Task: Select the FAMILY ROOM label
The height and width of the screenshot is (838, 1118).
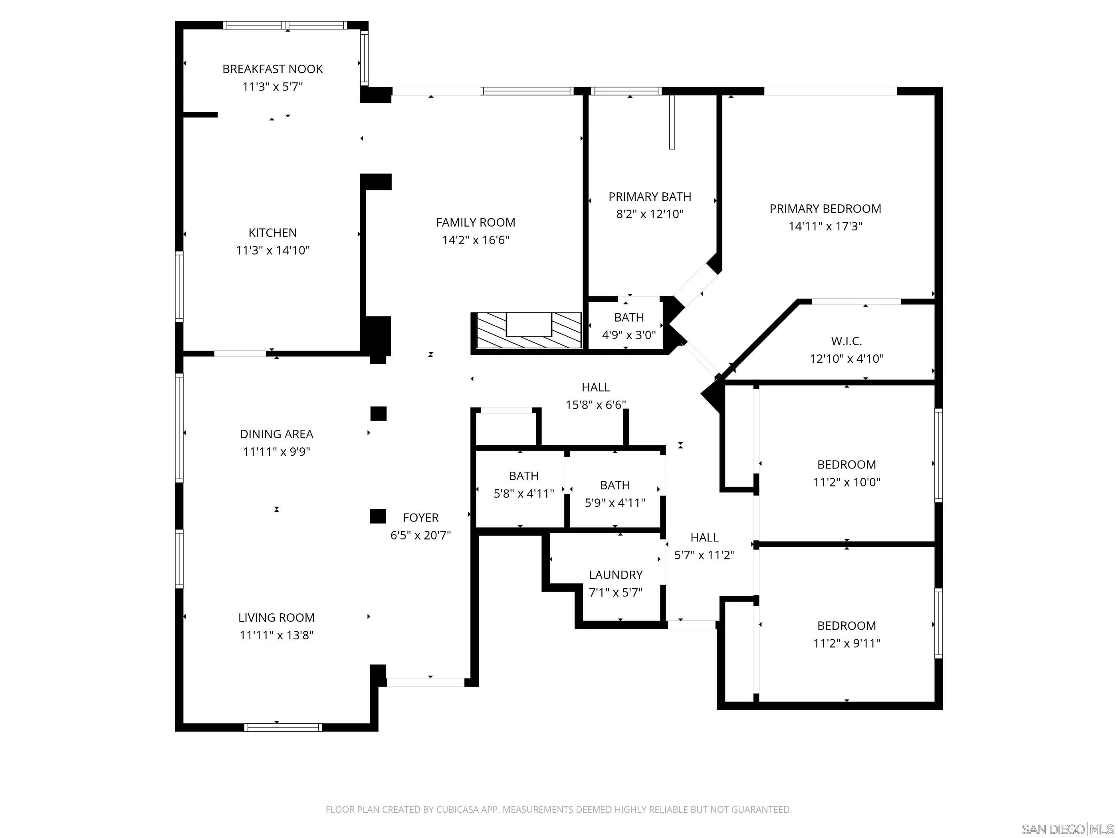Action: tap(475, 222)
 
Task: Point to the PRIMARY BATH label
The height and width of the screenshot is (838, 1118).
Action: tap(650, 196)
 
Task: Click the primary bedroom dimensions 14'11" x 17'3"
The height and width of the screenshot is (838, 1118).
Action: tap(825, 226)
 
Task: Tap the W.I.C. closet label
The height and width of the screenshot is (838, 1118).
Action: tap(846, 341)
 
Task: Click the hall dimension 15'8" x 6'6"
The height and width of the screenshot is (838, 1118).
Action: tap(595, 405)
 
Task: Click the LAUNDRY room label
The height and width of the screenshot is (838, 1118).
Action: tap(615, 575)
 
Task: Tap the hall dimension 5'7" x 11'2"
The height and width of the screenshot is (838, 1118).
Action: tap(704, 555)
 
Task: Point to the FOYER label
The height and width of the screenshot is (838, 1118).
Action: tap(420, 518)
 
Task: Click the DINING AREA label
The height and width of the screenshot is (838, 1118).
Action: tap(276, 434)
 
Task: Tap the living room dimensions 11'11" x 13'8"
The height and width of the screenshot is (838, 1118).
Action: tap(276, 635)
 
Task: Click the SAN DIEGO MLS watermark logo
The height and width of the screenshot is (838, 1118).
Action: tap(1067, 829)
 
